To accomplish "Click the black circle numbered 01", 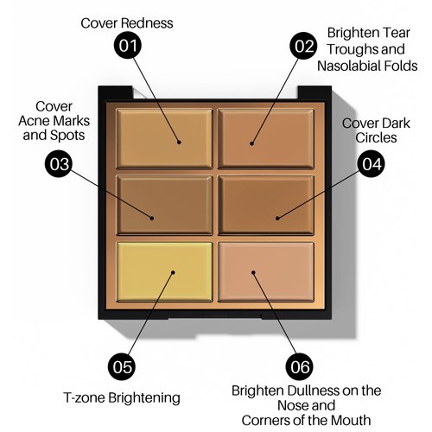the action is click(128, 46).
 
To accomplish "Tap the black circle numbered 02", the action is click(303, 46).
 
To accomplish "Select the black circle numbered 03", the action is click(59, 164).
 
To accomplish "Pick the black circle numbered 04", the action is click(371, 164).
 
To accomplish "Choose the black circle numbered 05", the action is click(122, 366).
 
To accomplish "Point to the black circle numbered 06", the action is click(299, 367).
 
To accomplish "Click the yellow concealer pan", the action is click(164, 272).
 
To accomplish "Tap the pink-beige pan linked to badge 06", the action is click(266, 272).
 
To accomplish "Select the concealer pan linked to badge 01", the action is click(164, 138).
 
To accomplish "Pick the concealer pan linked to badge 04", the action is click(266, 205).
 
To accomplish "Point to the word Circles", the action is click(376, 137).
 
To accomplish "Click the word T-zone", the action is click(84, 397).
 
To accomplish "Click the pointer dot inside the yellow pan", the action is click(173, 272).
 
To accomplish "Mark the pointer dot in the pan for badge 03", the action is click(152, 218).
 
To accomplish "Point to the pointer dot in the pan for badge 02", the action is click(251, 143).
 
